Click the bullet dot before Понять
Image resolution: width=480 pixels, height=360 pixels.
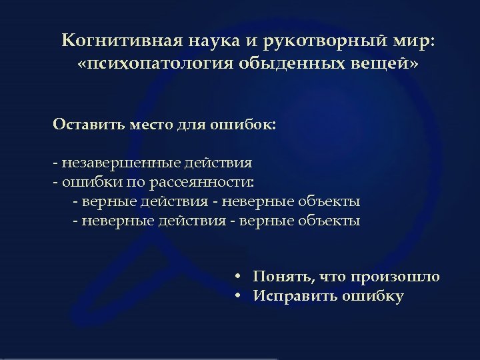pos(237,277)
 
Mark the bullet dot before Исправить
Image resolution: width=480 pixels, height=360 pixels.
pos(237,297)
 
